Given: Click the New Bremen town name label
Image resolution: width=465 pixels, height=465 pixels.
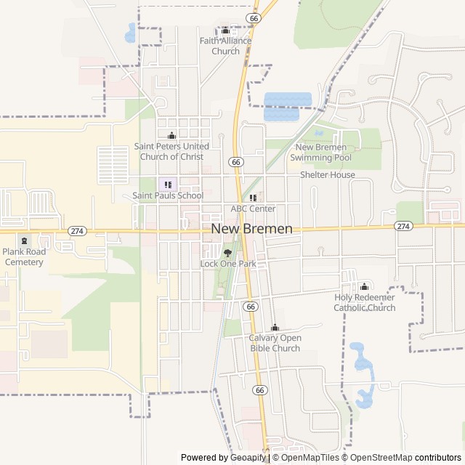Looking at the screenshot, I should click(x=251, y=229).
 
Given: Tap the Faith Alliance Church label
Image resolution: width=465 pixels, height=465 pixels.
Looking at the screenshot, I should click(x=225, y=46).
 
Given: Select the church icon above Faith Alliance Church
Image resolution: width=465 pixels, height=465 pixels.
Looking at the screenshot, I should click(x=225, y=31).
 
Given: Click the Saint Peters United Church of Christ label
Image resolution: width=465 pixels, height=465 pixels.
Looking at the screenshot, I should click(x=171, y=151).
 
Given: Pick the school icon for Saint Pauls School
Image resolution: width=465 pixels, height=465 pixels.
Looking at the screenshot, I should click(x=168, y=185).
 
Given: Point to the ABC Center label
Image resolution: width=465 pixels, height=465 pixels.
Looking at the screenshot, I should click(x=253, y=209).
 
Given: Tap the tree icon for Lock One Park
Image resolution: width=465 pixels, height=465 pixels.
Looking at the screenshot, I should click(x=227, y=253).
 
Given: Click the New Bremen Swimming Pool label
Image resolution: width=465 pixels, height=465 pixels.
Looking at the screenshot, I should click(x=320, y=153).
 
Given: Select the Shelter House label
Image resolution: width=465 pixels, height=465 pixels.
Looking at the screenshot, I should click(x=328, y=175).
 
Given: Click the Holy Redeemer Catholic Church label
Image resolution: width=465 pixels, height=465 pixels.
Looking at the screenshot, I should click(x=365, y=302).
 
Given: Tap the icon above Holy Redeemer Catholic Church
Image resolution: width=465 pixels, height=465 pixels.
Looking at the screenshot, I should click(x=365, y=286).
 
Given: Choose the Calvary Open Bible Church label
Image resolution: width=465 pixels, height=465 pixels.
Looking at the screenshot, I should click(x=275, y=343).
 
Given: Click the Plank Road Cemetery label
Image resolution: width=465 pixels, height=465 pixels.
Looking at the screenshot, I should click(x=24, y=256).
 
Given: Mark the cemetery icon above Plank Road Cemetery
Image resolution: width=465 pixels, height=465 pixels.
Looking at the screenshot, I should click(x=24, y=241).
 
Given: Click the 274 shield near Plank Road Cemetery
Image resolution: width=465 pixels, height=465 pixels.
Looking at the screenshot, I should click(x=76, y=230).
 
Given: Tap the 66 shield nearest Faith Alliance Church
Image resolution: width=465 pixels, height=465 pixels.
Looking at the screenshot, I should click(x=253, y=17).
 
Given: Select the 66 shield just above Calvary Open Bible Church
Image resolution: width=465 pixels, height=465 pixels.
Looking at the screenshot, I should click(x=251, y=307).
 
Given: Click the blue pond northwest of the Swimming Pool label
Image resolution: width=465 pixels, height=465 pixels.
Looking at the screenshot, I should click(x=288, y=106).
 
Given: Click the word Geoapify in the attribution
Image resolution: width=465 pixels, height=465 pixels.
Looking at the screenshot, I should click(x=248, y=458).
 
